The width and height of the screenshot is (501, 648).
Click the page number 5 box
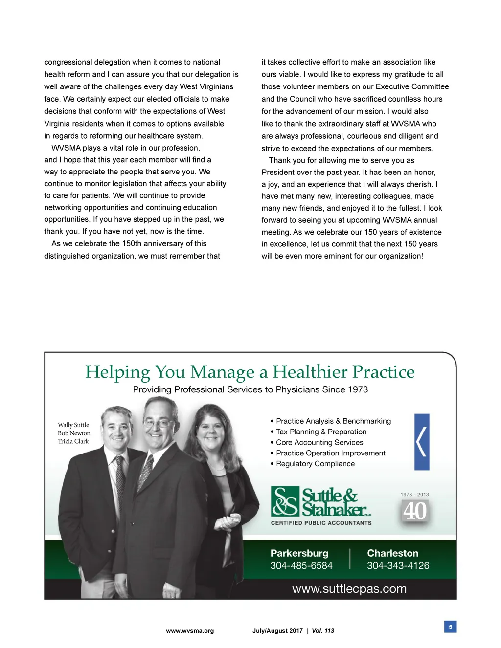click(x=450, y=626)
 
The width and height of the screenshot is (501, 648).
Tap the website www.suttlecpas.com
click(x=349, y=589)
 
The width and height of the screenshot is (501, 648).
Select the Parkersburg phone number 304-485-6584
click(x=301, y=566)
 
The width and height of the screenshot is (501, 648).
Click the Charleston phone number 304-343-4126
click(x=398, y=566)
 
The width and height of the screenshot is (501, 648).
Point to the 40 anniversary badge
click(x=415, y=511)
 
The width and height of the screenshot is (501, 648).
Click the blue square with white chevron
click(x=422, y=442)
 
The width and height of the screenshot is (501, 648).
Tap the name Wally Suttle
click(x=73, y=425)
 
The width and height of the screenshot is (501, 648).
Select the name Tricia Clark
click(x=73, y=441)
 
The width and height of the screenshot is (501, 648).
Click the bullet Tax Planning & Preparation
click(x=321, y=432)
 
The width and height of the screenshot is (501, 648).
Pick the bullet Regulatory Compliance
click(x=315, y=464)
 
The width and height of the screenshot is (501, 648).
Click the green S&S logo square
click(x=285, y=501)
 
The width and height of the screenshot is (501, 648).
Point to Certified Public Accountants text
click(x=321, y=523)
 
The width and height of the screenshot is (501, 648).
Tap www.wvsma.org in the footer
click(x=190, y=631)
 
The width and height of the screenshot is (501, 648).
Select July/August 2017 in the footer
click(x=277, y=631)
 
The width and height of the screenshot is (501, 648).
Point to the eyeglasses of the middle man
click(x=160, y=423)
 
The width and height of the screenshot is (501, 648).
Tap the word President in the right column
click(x=279, y=173)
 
